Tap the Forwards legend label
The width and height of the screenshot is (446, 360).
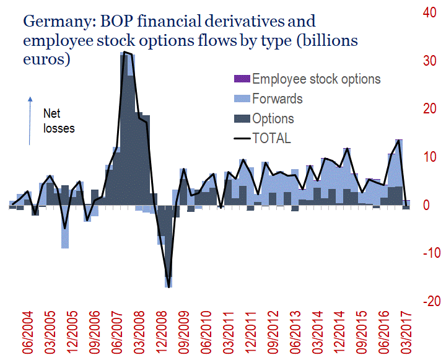tap(278, 99)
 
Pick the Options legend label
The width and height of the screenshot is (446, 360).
tap(273, 118)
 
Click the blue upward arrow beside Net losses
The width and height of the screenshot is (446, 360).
tap(30, 120)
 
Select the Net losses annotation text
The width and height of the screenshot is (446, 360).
tap(59, 121)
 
